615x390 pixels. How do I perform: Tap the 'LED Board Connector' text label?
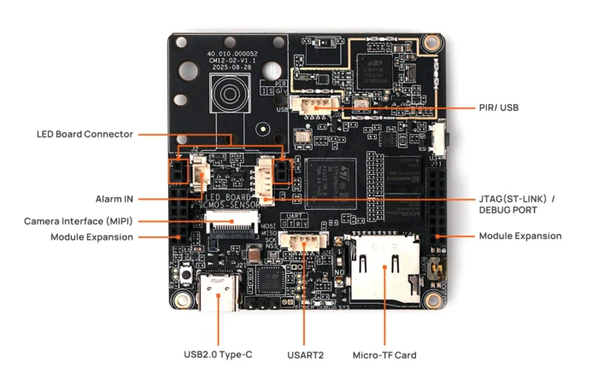84,134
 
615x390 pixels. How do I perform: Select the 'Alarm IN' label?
114,199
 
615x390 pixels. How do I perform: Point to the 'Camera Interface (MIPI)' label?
78,221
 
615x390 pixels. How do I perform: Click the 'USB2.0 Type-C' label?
218,354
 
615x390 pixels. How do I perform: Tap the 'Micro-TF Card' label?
384,354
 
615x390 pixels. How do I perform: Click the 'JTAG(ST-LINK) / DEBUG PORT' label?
517,205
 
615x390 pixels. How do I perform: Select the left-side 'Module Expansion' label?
91,237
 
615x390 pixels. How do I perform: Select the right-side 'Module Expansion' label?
520,236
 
